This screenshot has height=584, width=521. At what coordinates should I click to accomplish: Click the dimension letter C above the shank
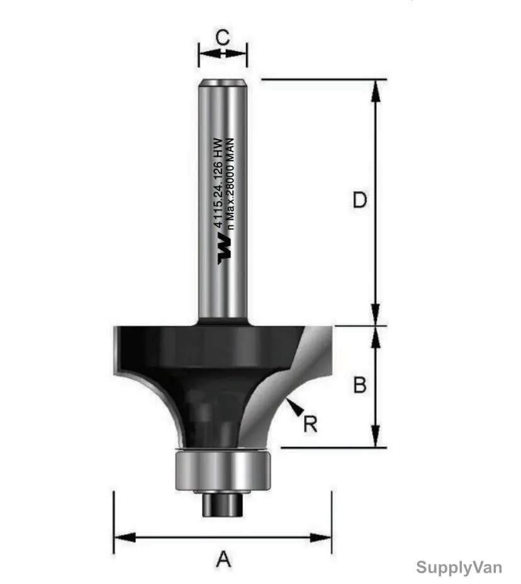pyautogui.click(x=223, y=38)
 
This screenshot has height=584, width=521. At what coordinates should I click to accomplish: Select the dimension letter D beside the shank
pyautogui.click(x=360, y=200)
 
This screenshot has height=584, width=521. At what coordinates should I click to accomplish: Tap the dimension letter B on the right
pyautogui.click(x=360, y=385)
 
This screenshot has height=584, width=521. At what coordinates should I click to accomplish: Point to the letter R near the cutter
pyautogui.click(x=310, y=424)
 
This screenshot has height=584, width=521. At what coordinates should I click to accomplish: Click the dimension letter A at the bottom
pyautogui.click(x=223, y=559)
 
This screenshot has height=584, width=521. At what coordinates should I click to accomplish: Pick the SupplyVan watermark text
pyautogui.click(x=459, y=568)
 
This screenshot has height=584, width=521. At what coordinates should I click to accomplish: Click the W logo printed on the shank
pyautogui.click(x=225, y=249)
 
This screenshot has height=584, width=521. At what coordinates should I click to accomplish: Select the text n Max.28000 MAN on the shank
pyautogui.click(x=230, y=184)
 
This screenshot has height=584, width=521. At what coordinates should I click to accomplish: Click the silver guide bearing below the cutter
pyautogui.click(x=221, y=470)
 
